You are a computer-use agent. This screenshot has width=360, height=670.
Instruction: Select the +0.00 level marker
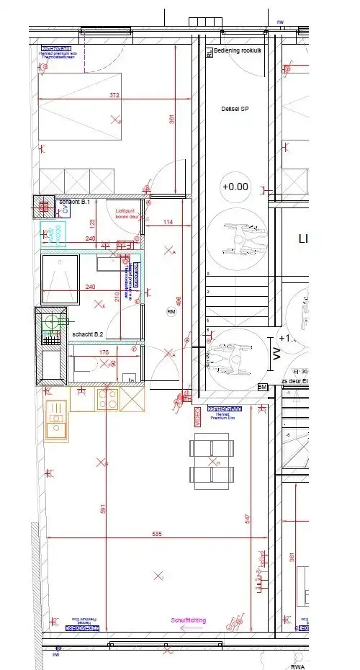point(235,186)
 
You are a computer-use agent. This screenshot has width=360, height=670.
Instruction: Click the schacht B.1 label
point(74,202)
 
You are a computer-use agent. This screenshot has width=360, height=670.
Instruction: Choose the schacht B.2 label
point(88,335)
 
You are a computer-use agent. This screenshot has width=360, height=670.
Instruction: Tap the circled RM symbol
point(171,312)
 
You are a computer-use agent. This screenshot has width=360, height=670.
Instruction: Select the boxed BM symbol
point(263,387)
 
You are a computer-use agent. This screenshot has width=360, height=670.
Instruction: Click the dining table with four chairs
point(212,462)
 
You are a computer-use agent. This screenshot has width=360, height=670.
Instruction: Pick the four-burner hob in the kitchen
point(108,400)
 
